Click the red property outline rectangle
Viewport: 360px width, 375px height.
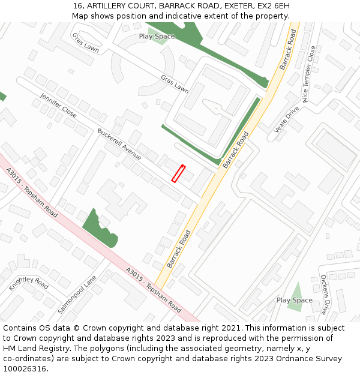[x=178, y=173]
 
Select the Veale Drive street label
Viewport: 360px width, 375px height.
[x=286, y=119]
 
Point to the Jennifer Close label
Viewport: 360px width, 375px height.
[x=58, y=104]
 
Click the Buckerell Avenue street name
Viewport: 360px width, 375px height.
[x=119, y=144]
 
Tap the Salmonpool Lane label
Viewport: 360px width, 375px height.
[x=77, y=295]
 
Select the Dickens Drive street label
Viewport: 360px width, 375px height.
[x=324, y=295]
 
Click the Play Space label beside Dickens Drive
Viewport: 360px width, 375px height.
[x=294, y=300]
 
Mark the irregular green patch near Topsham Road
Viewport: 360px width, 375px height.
[x=100, y=229]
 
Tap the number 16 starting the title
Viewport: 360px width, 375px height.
[x=76, y=5]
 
